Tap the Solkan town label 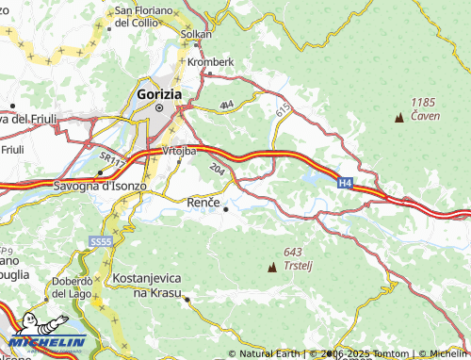point(195,33)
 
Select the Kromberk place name point(208,61)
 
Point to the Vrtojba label point(178,150)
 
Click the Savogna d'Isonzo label point(98,186)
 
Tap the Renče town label point(203,202)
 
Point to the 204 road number point(218,169)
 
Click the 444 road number point(226,105)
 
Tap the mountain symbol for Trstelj point(273,268)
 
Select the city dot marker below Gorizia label point(159,107)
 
